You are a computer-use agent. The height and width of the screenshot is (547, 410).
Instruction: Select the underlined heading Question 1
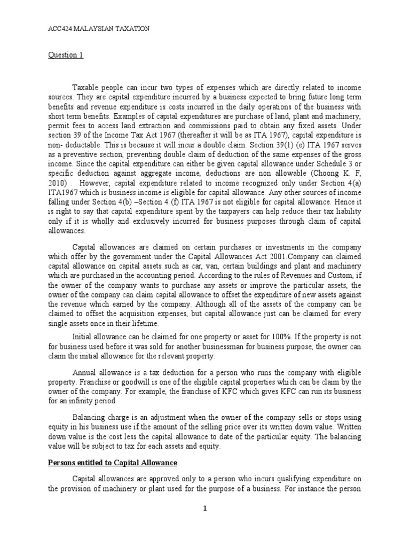tap(64, 54)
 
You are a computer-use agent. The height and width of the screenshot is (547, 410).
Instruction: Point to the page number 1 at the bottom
tap(204, 508)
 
